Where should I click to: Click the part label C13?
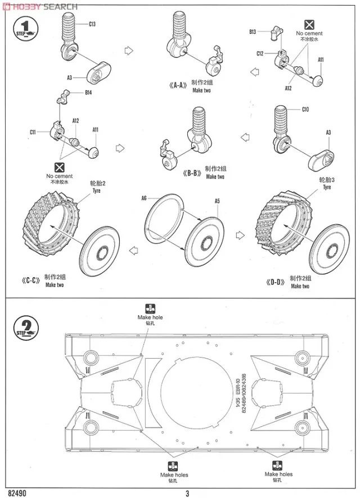[92, 24]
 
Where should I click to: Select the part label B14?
[88, 93]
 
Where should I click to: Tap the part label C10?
[305, 109]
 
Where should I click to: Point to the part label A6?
[144, 198]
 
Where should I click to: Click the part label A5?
[217, 201]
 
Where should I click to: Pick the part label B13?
[253, 32]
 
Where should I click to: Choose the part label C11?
[33, 132]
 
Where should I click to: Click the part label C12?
[260, 53]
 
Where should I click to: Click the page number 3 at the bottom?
[187, 494]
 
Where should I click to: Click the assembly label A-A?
[177, 85]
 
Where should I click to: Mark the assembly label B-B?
[193, 172]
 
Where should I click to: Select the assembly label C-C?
[32, 280]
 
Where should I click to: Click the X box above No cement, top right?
[309, 24]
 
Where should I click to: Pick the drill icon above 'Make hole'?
[150, 309]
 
